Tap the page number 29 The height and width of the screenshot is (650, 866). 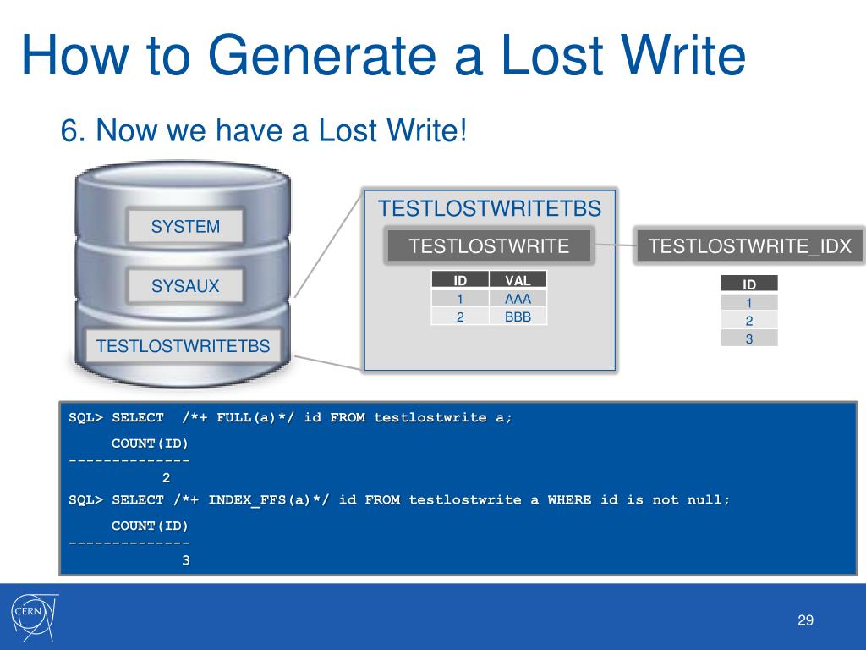[805, 621]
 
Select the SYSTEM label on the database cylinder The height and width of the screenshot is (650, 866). [185, 226]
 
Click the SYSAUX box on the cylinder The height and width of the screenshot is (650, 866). [185, 286]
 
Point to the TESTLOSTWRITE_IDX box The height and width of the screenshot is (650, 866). [749, 246]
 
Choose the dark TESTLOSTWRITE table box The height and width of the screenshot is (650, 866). [489, 246]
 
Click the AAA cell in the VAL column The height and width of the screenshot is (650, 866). [518, 299]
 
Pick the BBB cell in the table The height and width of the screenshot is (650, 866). [518, 317]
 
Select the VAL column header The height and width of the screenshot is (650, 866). [518, 280]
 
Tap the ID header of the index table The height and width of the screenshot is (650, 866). [749, 284]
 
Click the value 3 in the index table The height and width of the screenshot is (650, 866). [749, 339]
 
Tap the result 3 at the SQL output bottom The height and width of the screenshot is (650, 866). [186, 560]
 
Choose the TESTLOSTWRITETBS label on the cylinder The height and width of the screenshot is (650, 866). [184, 345]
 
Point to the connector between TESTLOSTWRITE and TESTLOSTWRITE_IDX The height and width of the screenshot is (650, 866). [615, 246]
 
